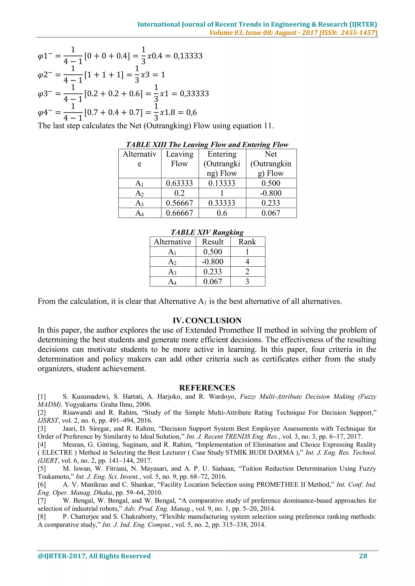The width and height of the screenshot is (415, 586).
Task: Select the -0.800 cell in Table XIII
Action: (x=271, y=193)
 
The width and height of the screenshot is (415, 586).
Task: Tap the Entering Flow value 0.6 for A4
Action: (x=222, y=213)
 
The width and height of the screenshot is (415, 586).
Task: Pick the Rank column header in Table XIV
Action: (x=247, y=242)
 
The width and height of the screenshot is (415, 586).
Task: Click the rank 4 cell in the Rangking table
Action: (x=247, y=262)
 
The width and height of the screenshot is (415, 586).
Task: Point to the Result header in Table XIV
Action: (x=213, y=242)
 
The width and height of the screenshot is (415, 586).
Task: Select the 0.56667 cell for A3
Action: (x=179, y=203)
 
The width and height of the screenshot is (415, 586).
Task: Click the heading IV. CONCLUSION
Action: (x=207, y=320)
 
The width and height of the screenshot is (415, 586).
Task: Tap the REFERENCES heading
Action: (x=207, y=388)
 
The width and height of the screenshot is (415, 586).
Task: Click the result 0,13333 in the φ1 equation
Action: (x=188, y=56)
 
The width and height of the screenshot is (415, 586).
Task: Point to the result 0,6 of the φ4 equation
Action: (x=191, y=112)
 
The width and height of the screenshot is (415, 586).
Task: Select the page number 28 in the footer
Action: (x=363, y=556)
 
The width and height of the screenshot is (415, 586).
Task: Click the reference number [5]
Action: (x=42, y=469)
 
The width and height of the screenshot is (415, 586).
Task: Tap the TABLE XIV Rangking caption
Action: (x=207, y=232)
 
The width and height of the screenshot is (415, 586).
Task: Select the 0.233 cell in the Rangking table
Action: (x=213, y=272)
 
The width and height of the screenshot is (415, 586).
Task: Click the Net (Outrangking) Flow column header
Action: (x=271, y=164)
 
